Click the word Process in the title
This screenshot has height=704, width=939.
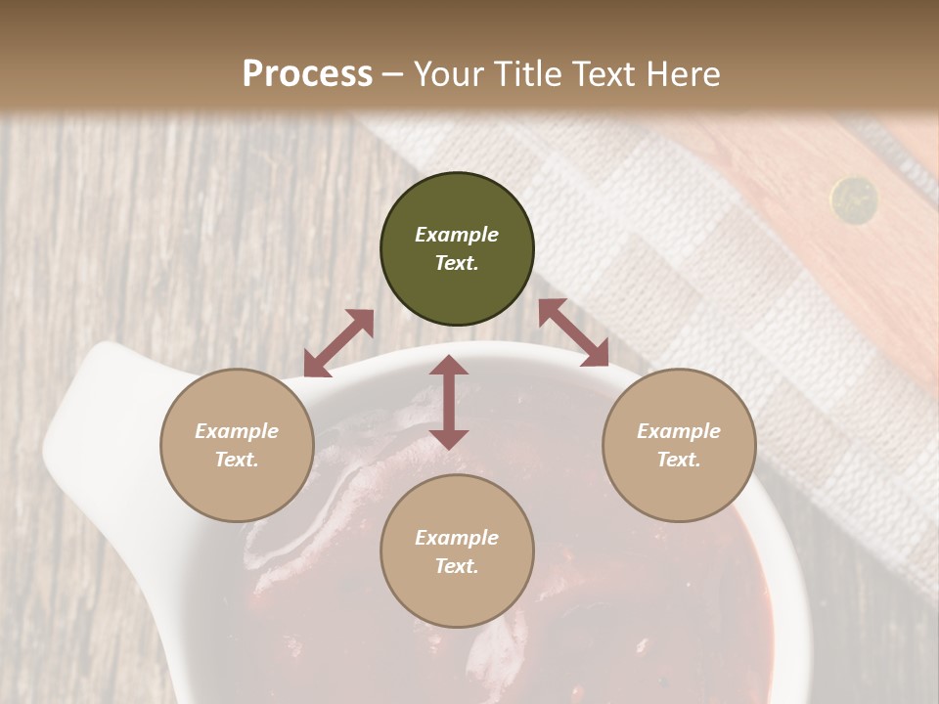307,74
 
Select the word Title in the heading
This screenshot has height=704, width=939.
527,74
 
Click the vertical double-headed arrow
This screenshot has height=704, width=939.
449,402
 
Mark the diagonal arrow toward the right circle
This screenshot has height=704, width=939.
573,332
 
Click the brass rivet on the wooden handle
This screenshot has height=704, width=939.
854,198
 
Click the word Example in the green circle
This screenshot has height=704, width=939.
457,235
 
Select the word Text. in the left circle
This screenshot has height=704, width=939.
237,460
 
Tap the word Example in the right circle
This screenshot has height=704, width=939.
679,431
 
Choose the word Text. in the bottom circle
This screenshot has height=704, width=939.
457,566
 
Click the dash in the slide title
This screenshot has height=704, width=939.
393,74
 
